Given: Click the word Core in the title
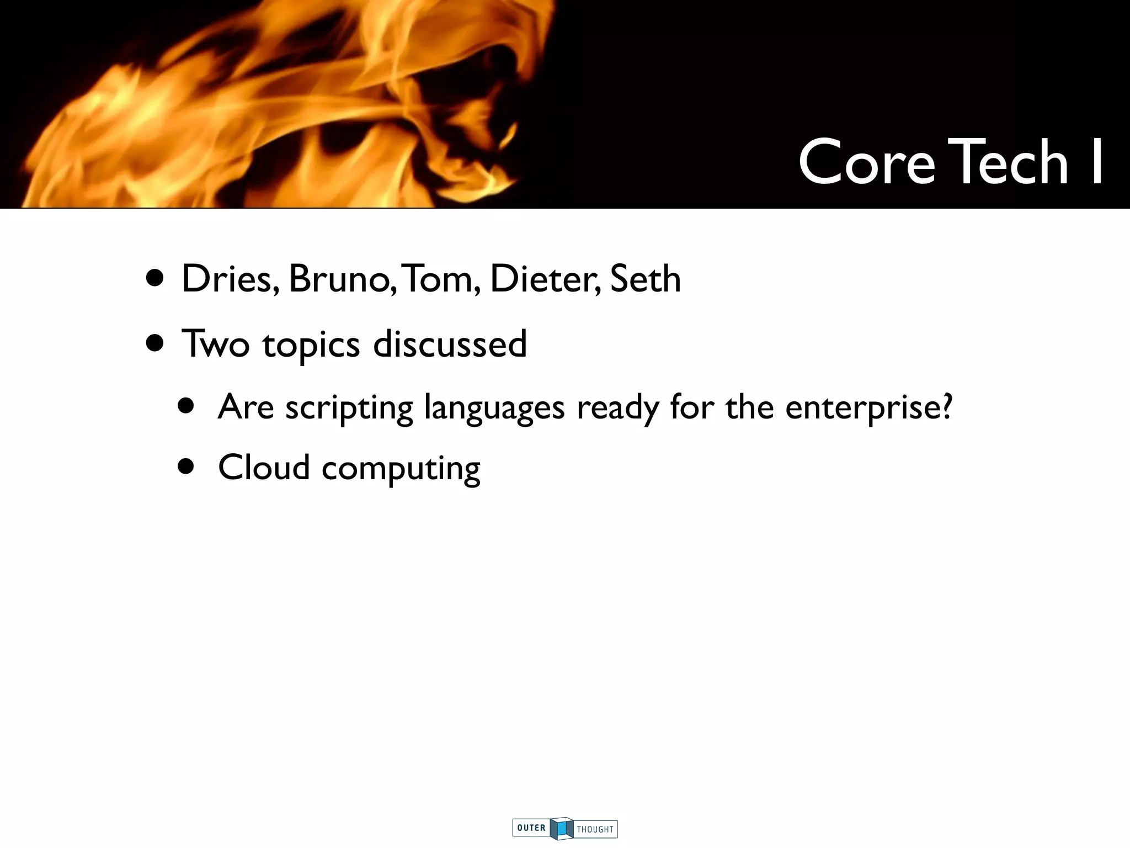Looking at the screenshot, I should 866,163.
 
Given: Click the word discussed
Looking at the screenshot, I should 450,343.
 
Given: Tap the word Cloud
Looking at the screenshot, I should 264,468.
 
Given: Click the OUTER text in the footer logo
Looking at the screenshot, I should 531,828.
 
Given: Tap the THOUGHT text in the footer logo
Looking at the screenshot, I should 595,829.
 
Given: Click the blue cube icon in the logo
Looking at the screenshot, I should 562,828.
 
